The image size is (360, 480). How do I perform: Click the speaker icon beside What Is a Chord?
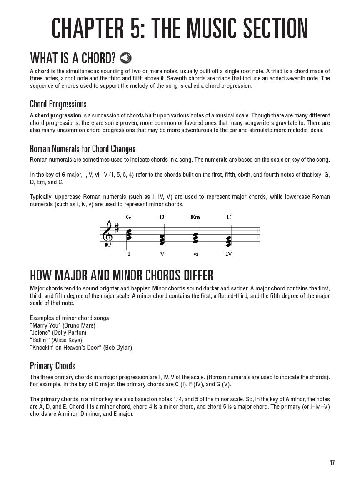(x=125, y=58)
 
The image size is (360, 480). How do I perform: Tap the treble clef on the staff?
(x=108, y=234)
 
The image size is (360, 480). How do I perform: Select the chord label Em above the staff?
(x=195, y=217)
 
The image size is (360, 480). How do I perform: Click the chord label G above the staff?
(x=128, y=217)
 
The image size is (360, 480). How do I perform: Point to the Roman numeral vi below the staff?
(x=195, y=254)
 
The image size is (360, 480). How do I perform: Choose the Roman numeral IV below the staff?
(x=228, y=254)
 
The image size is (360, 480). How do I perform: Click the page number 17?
(x=332, y=462)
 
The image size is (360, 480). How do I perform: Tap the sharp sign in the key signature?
(x=117, y=228)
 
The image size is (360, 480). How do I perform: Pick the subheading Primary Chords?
(x=52, y=366)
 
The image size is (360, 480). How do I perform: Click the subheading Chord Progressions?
(x=58, y=104)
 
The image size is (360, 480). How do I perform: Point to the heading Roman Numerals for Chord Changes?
(x=82, y=149)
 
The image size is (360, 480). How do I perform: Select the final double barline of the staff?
(x=259, y=234)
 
